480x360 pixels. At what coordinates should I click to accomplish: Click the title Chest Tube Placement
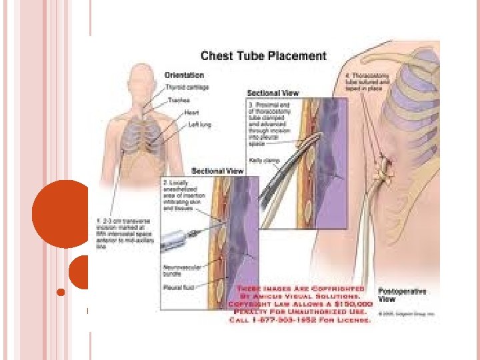(263, 56)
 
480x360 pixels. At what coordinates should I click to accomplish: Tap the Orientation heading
(185, 75)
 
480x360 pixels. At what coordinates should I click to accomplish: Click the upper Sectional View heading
(273, 93)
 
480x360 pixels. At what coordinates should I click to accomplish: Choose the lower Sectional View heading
(217, 171)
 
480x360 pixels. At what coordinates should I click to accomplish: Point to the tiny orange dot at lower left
(61, 292)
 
